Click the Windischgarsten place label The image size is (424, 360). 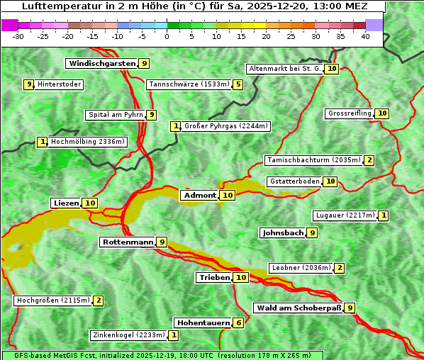click(x=101, y=64)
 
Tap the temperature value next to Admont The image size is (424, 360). click(x=228, y=196)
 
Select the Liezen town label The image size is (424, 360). click(x=66, y=203)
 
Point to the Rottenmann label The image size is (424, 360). click(x=128, y=242)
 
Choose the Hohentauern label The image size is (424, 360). click(x=203, y=323)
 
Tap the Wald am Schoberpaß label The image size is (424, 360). click(x=298, y=308)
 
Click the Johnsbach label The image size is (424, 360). click(x=283, y=232)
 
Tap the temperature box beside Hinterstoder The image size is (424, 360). click(x=29, y=85)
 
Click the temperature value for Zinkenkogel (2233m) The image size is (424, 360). click(x=174, y=335)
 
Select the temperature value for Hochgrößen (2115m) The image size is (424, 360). click(x=99, y=300)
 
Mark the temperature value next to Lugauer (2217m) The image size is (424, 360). click(x=384, y=215)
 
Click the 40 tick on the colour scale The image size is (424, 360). click(x=365, y=36)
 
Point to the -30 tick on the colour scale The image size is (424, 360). click(x=19, y=36)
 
